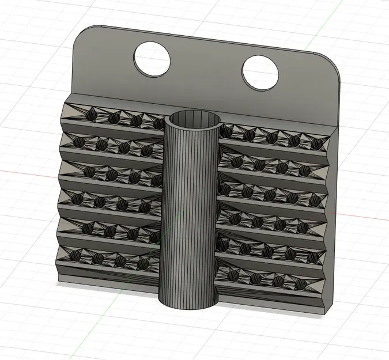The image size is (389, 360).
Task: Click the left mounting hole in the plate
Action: point(152,58)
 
